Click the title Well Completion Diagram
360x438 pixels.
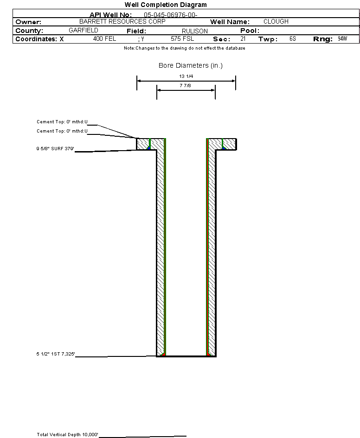pyautogui.click(x=166, y=5)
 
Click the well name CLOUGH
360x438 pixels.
pyautogui.click(x=276, y=22)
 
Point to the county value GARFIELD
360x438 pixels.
pyautogui.click(x=83, y=30)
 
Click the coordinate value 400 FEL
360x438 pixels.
pyautogui.click(x=104, y=39)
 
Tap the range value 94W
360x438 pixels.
pyautogui.click(x=342, y=39)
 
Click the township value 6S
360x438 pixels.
pyautogui.click(x=292, y=39)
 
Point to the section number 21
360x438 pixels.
pyautogui.click(x=243, y=39)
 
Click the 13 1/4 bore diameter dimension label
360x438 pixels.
pyautogui.click(x=186, y=76)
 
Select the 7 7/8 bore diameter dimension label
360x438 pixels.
pyautogui.click(x=186, y=86)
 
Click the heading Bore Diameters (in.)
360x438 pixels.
pyautogui.click(x=191, y=66)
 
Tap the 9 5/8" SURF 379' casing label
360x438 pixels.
pyautogui.click(x=56, y=149)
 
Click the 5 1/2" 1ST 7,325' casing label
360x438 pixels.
pyautogui.click(x=56, y=354)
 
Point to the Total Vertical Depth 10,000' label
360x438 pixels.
pyautogui.click(x=68, y=434)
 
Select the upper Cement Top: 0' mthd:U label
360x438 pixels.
pyautogui.click(x=62, y=122)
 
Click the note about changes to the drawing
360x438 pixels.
pyautogui.click(x=185, y=48)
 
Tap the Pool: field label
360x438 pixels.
pyautogui.click(x=249, y=31)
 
